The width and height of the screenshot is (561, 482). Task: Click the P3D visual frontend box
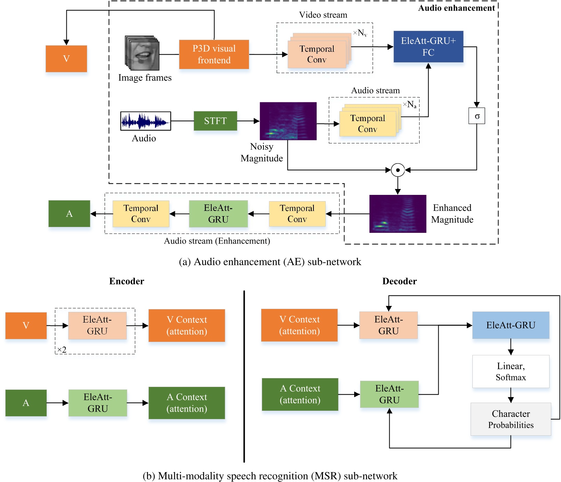214,54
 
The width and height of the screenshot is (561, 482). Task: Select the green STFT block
215,121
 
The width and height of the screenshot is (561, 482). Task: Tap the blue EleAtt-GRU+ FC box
428,47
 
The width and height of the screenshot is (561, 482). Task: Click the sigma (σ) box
477,116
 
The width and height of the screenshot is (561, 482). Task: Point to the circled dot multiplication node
398,170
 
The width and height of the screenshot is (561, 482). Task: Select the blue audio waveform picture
145,121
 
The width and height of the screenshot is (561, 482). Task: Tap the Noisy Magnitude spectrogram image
288,121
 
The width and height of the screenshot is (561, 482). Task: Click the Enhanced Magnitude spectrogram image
397,213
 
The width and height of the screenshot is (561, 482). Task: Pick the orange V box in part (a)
66,58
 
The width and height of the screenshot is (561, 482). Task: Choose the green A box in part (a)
69,213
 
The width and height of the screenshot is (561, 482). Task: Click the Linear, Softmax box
510,371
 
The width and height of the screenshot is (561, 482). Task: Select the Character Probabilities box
510,419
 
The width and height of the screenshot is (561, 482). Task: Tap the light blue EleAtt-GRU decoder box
510,325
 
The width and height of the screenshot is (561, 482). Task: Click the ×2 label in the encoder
62,349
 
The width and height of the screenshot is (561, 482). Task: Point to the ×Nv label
360,33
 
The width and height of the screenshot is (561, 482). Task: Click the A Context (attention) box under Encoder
186,403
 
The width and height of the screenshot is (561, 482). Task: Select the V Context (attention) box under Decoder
299,325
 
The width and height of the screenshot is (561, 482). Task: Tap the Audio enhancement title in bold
456,8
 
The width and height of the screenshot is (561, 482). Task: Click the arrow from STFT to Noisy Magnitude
248,121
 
